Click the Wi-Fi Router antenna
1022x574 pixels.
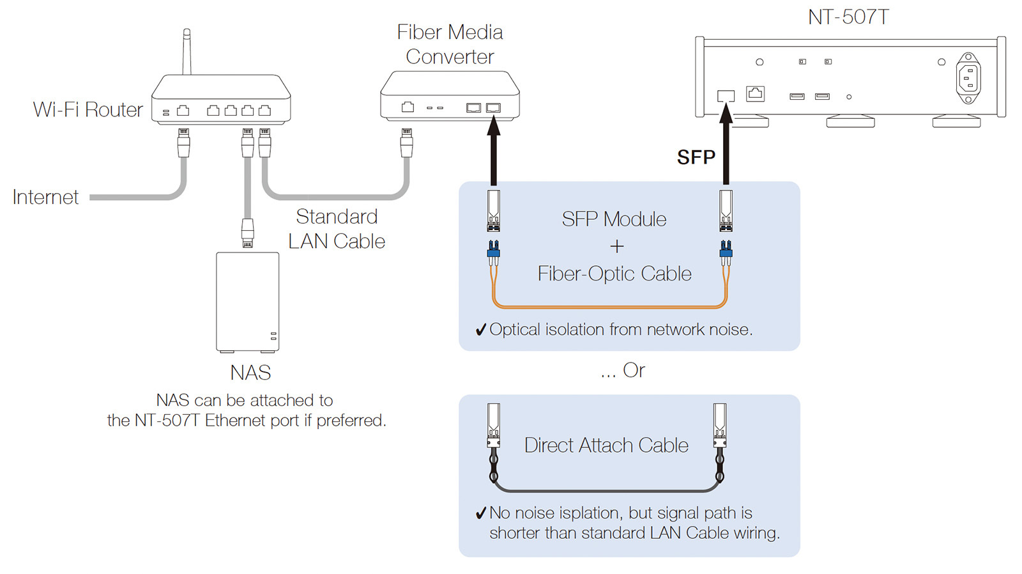point(187,52)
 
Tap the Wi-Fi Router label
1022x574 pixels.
point(88,110)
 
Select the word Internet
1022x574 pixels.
point(45,197)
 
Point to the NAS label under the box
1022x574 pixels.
point(250,373)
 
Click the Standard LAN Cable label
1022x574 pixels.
point(337,229)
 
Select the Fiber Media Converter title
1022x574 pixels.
point(450,44)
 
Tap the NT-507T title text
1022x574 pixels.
point(848,17)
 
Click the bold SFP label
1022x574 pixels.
point(696,157)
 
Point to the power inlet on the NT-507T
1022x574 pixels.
point(968,79)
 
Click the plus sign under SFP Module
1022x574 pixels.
point(616,246)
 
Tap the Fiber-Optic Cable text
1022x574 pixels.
point(614,274)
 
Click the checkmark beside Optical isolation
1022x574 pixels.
point(481,330)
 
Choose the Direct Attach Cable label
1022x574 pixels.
point(606,445)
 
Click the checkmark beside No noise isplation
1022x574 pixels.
point(481,513)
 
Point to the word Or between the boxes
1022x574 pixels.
point(634,370)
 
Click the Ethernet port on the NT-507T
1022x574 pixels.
point(756,93)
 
